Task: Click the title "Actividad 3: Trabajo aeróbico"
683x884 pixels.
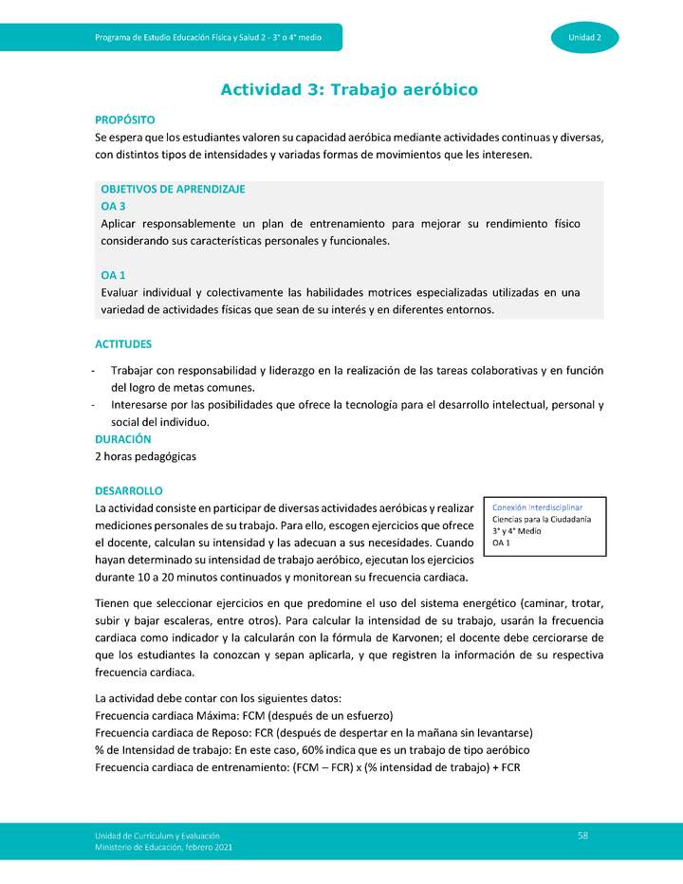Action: [x=348, y=90]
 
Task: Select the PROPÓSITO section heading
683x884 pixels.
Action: [x=124, y=120]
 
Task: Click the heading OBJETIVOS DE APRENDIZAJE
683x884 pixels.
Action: [x=173, y=189]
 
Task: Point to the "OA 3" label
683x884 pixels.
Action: [x=113, y=206]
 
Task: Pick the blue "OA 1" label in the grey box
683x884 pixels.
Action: [x=113, y=275]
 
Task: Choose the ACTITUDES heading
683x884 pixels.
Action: [x=123, y=344]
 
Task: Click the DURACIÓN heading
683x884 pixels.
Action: [x=122, y=439]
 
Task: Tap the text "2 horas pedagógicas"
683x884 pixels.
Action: [x=145, y=456]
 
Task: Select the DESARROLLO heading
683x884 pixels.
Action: [x=129, y=490]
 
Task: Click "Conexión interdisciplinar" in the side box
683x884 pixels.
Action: [x=537, y=507]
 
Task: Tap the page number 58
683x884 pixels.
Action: [x=582, y=834]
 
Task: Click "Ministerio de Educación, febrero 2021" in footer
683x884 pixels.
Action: [x=163, y=846]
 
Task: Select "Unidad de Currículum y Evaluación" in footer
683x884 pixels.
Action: [x=157, y=834]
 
